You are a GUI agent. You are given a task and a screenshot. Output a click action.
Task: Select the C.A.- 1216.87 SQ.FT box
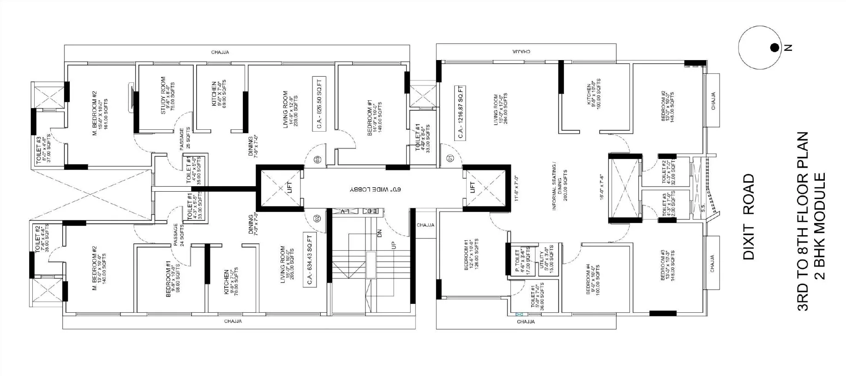tap(460, 113)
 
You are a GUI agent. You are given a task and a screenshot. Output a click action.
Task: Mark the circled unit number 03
tap(317, 160)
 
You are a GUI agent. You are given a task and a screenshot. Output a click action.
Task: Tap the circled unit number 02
tap(317, 218)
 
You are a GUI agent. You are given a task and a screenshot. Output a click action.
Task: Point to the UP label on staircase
tap(394, 245)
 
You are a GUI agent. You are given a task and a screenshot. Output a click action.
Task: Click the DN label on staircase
tap(380, 233)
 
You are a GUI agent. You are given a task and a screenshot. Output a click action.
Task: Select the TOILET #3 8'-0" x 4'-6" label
tap(43, 150)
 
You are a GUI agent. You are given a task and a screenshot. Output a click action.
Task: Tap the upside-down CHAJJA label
tap(521, 51)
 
